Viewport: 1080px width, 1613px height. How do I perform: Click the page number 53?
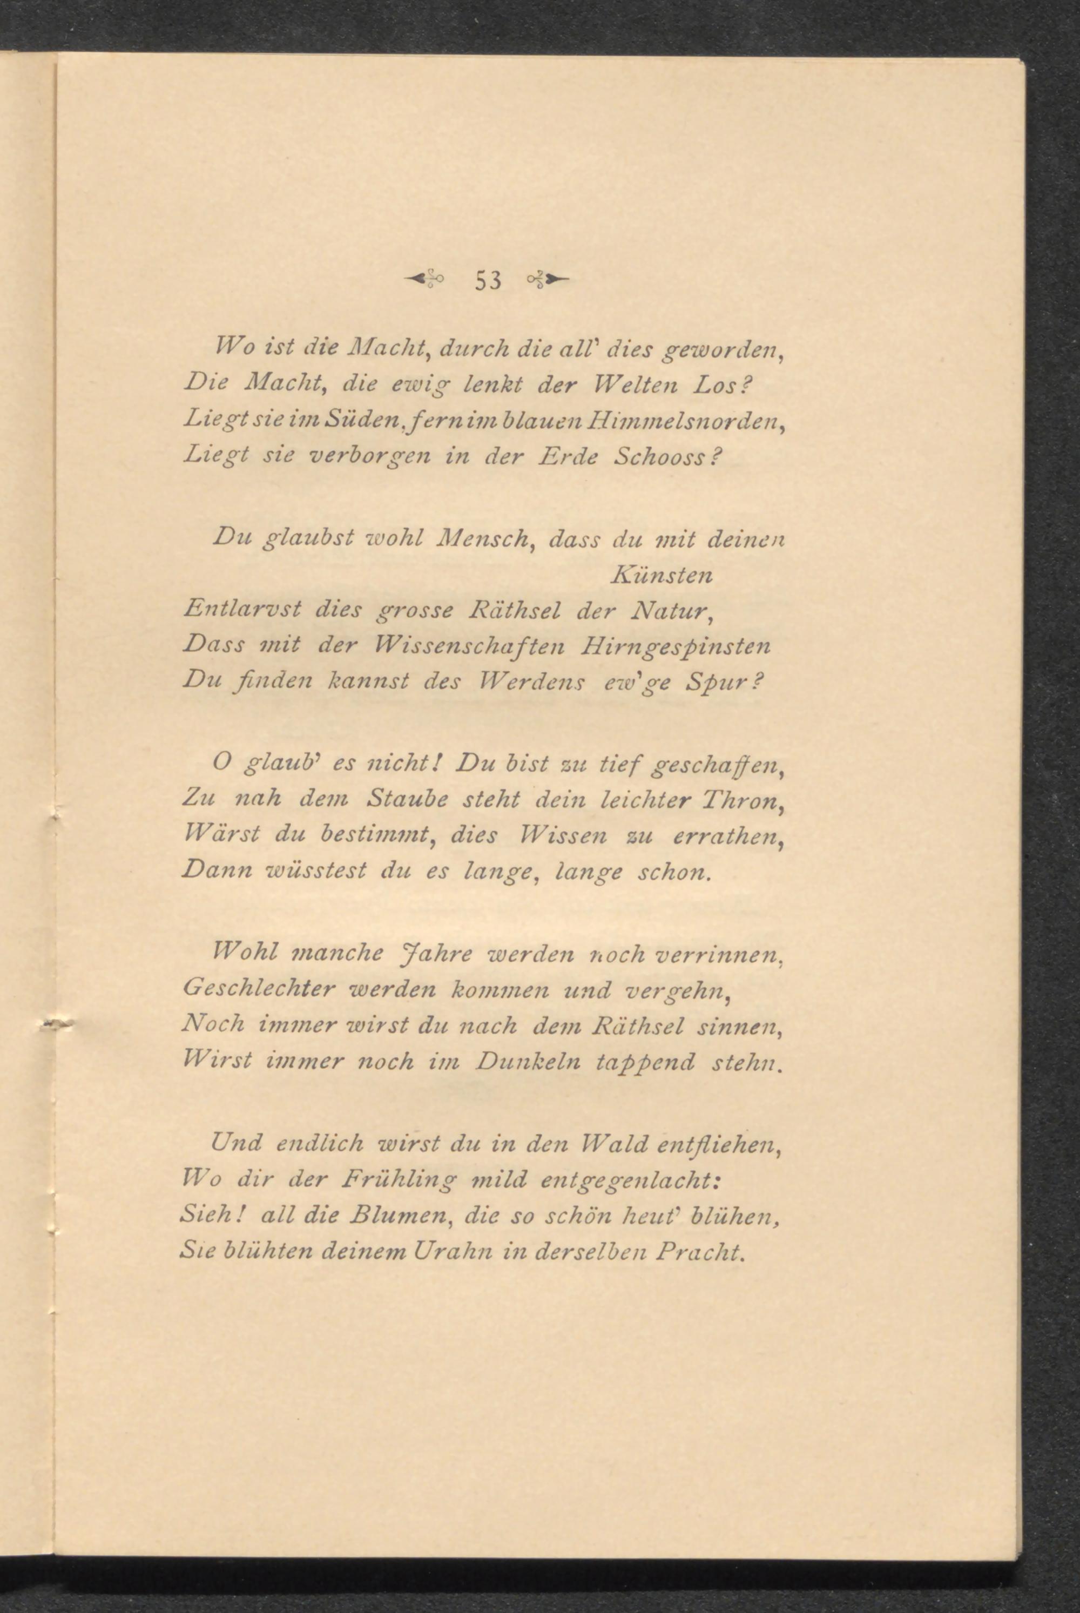(488, 280)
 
